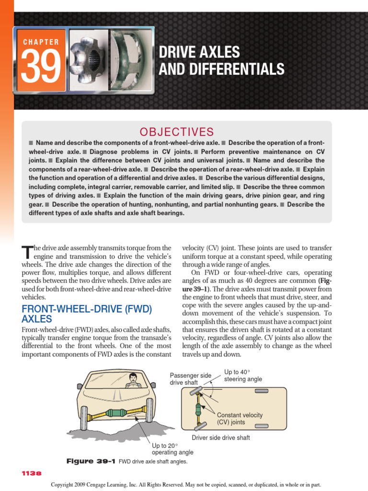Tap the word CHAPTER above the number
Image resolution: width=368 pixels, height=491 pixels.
41,42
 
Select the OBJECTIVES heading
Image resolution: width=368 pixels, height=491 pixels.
176,132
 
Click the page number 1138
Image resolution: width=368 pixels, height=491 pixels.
32,473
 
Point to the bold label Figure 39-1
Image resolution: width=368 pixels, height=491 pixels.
90,461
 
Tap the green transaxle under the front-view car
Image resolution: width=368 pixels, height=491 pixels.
117,412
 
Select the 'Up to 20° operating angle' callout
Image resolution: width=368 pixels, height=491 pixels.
172,449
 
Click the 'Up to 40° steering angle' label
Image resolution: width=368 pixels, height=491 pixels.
243,375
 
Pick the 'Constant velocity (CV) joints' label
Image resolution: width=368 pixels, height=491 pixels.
240,419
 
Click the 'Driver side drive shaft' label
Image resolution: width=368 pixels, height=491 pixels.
221,438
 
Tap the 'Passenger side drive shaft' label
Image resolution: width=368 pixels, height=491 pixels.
190,379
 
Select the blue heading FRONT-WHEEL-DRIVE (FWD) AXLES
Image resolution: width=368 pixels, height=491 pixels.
87,314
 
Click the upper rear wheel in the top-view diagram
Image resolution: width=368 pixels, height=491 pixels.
262,392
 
